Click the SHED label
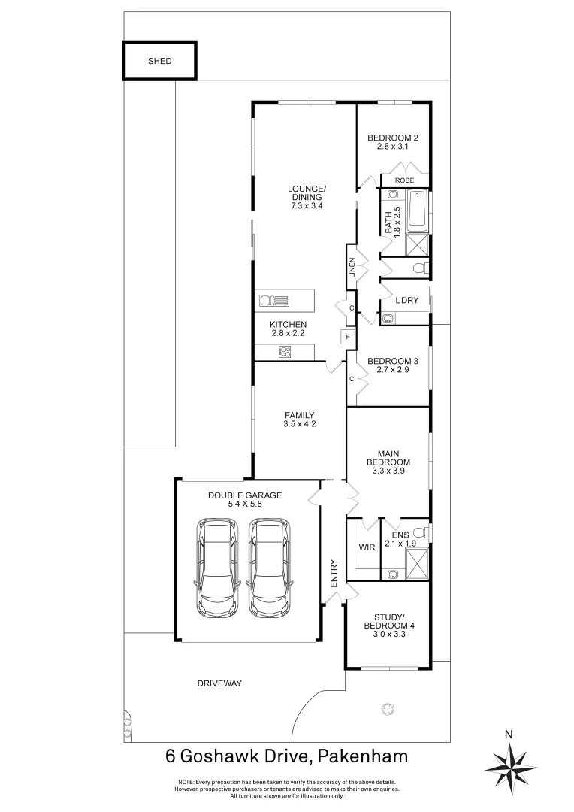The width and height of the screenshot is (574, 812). [159, 62]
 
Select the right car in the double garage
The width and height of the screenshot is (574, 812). [269, 565]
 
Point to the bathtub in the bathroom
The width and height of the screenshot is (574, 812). [418, 212]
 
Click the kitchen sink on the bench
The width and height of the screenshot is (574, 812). [274, 301]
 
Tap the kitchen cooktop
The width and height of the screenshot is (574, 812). [285, 350]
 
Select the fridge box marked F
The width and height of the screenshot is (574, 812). [348, 337]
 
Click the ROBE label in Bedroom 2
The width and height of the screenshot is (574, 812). [405, 180]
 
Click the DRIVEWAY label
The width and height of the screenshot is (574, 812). [219, 683]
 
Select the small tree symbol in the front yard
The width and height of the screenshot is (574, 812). [388, 707]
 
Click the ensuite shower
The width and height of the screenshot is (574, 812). [416, 562]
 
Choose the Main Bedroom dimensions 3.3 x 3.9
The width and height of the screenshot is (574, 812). [388, 471]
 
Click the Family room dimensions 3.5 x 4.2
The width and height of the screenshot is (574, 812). [299, 425]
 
